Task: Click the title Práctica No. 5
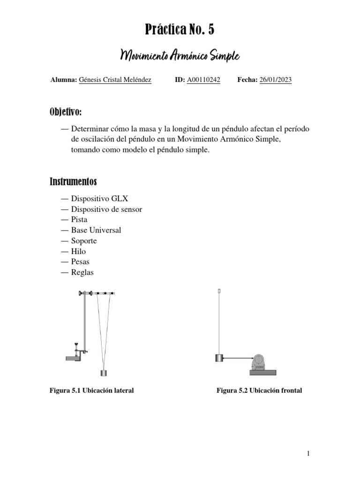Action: pos(180,30)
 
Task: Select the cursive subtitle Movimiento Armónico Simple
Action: pos(180,56)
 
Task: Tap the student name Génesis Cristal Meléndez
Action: pos(115,80)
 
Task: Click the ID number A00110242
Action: pos(203,80)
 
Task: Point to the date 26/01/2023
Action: pos(275,80)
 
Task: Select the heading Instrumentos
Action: pos(73,181)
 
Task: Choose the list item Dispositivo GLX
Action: pos(99,198)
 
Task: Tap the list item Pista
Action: pos(79,219)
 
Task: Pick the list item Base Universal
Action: pos(96,230)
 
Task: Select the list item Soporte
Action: pos(84,241)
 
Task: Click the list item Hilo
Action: pos(78,251)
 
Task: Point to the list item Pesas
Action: pos(80,262)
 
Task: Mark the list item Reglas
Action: pos(82,272)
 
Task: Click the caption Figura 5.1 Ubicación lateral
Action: pos(92,390)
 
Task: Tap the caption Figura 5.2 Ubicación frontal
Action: pos(259,390)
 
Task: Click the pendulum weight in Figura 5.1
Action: pos(104,373)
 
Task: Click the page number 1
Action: pos(308,453)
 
